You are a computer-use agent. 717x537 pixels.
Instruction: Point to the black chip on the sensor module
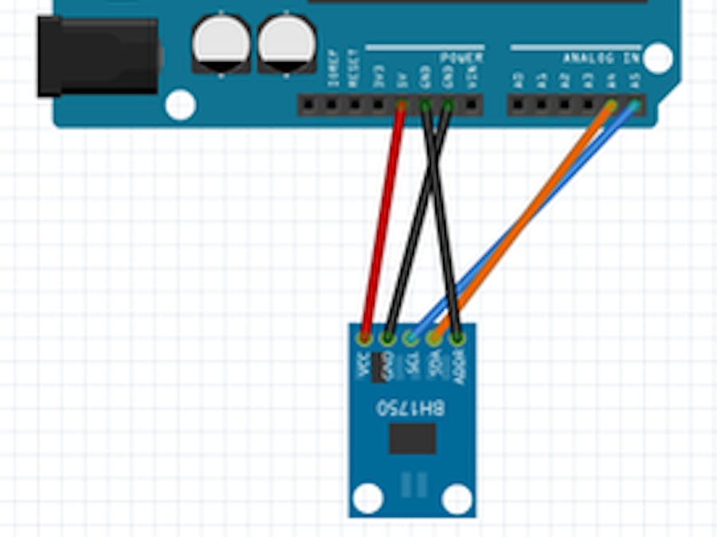pos(412,438)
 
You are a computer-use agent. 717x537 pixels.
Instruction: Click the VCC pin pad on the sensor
pos(366,338)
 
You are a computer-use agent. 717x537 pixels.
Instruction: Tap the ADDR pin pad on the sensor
pos(457,338)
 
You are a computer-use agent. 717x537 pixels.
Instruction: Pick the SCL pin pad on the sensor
pos(411,338)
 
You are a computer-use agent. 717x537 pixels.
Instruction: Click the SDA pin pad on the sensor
pos(434,338)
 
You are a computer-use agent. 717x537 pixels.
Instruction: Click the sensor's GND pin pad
pos(388,338)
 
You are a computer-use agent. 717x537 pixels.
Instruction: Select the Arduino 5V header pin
pos(402,105)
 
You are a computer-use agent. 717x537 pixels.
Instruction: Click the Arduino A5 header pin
pos(635,104)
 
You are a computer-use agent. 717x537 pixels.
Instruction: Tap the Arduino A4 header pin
pos(612,104)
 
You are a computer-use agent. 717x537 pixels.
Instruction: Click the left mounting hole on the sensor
pos(367,498)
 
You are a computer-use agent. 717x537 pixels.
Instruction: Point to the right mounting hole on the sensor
pos(456,498)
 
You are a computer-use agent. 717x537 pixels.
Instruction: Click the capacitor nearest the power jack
pos(221,44)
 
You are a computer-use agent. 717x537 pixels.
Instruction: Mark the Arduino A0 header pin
pos(519,104)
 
